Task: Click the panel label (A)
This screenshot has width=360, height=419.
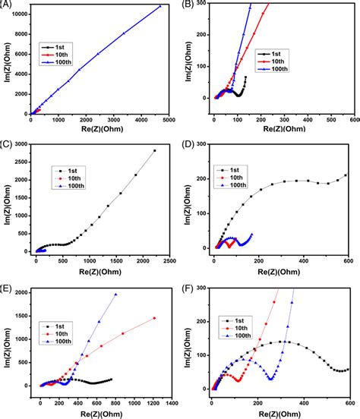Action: click(6, 5)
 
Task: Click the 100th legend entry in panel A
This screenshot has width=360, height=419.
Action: click(69, 62)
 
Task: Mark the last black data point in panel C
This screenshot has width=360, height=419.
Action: click(154, 150)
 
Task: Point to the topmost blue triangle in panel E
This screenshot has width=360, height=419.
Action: click(116, 295)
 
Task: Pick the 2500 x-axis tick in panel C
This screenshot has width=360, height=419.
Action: click(170, 260)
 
